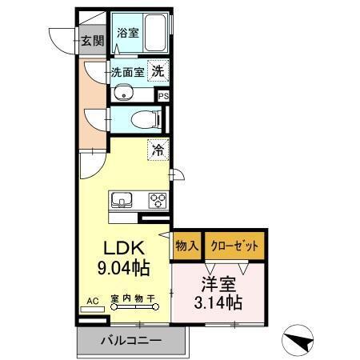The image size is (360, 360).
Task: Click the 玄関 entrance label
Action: tap(92, 41)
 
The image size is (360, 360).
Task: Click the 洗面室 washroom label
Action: tap(127, 71)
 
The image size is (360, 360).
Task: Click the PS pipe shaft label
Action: tap(164, 96)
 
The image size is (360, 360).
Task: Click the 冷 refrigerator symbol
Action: tap(158, 149)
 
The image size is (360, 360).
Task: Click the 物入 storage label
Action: tap(187, 246)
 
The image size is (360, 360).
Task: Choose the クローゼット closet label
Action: tap(234, 246)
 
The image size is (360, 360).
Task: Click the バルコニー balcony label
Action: tap(131, 341)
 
